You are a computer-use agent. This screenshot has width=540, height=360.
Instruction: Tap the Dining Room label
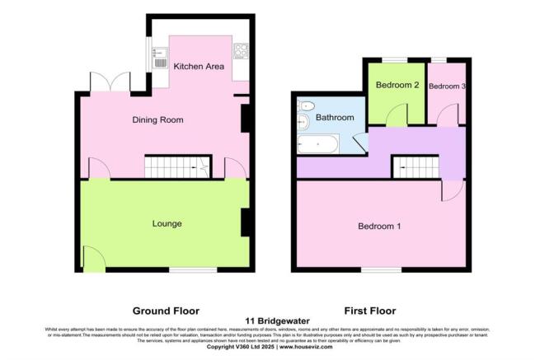tap(157, 120)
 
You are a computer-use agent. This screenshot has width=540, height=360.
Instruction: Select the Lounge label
tap(167, 224)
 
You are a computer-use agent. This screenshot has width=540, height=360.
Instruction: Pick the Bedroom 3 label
tap(447, 86)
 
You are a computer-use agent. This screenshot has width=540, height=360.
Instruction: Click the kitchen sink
tap(160, 58)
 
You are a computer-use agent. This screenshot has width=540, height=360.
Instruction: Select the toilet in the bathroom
tap(306, 106)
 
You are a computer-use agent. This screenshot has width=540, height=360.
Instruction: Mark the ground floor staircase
tap(177, 168)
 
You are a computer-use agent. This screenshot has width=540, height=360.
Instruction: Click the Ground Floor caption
tap(167, 311)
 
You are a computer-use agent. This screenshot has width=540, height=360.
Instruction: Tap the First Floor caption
tap(369, 311)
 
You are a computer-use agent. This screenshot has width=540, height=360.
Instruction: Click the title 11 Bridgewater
tap(270, 321)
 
